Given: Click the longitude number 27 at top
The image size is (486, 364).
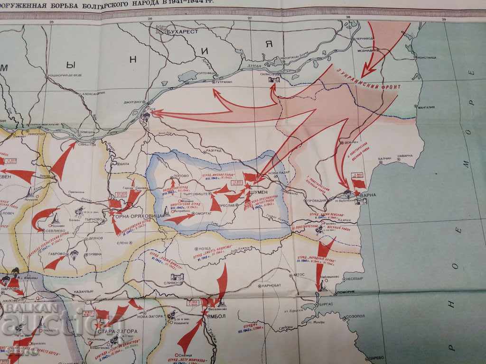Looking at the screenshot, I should pyautogui.click(x=250, y=18).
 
